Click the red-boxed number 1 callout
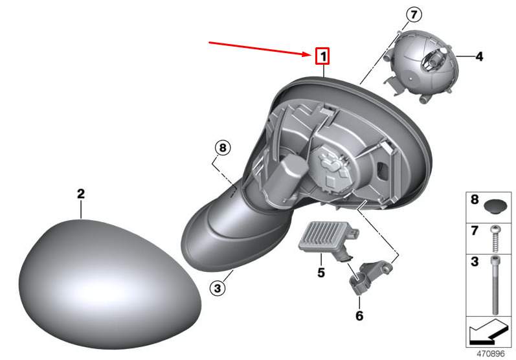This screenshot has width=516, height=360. coord(322,56)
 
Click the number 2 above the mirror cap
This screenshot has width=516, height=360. coord(81,194)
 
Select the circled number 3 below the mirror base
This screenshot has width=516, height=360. coord(218,289)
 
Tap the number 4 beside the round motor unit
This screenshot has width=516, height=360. coord(480,56)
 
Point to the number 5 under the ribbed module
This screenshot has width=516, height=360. coord(321,273)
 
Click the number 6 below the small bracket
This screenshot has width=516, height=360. coord(359,315)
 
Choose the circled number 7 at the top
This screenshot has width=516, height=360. coord(414,15)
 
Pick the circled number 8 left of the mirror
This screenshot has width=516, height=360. coord(223,148)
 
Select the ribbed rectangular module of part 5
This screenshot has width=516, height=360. coord(328,237)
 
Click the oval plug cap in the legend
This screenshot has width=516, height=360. coord(495,207)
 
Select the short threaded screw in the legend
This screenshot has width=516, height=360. coord(495,238)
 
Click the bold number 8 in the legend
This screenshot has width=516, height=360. coord(475,199)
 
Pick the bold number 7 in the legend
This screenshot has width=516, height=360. coord(474,231)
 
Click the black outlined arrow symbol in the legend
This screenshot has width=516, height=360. coord(488,330)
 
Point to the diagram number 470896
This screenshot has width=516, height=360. coord(490,354)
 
